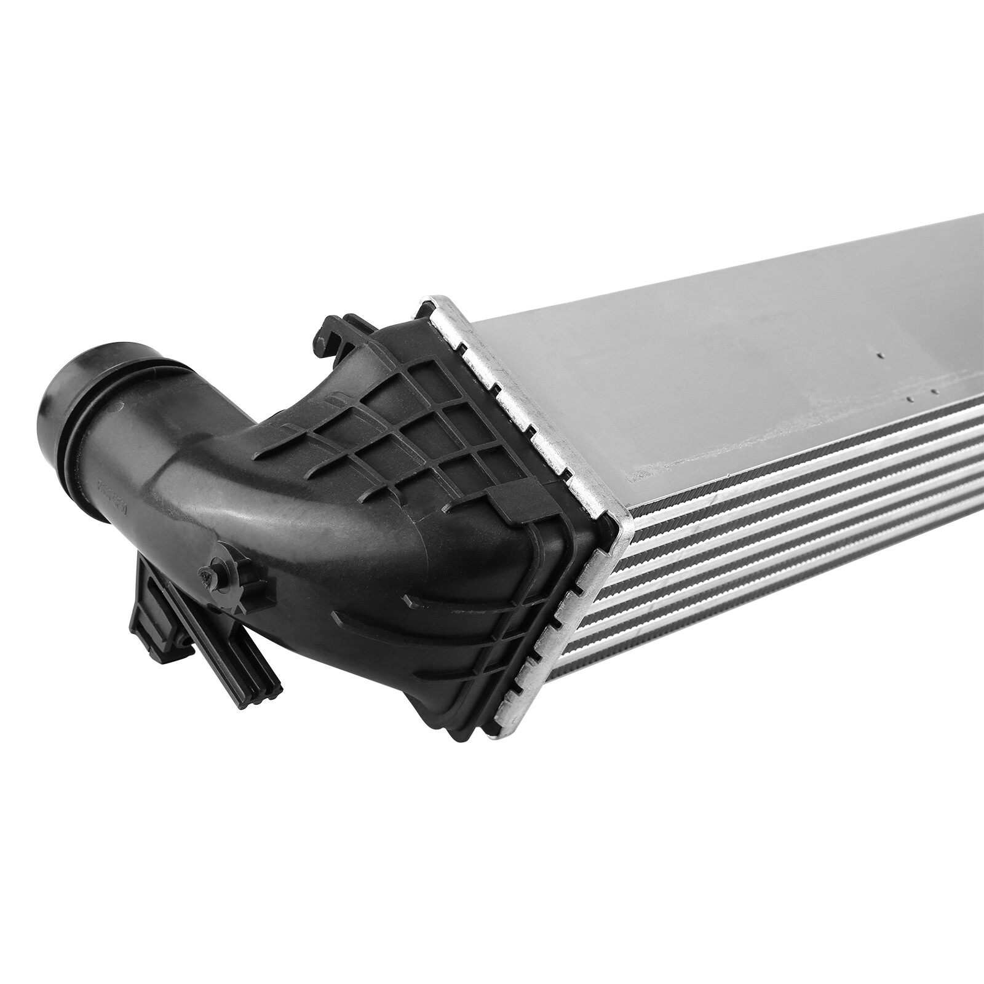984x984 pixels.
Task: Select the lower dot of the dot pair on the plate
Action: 909,399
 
